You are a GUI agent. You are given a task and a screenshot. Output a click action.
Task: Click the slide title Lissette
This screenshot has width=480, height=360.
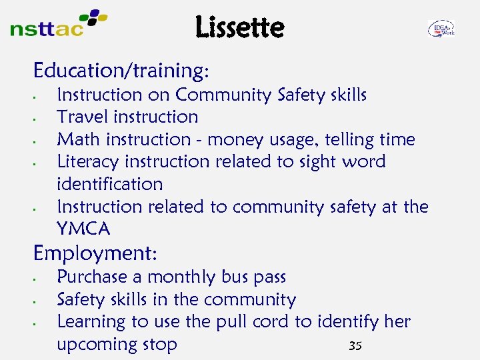point(240,27)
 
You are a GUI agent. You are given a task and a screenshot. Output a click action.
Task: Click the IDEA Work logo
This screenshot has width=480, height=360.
point(441,29)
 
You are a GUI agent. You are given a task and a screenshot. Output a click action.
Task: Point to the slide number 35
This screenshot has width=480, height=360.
point(355,345)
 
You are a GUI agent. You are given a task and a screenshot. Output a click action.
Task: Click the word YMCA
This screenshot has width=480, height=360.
point(83,229)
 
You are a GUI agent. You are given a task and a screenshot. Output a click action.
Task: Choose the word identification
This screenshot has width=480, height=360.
point(109,184)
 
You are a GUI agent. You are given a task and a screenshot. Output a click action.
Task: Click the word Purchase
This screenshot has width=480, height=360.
point(92,277)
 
